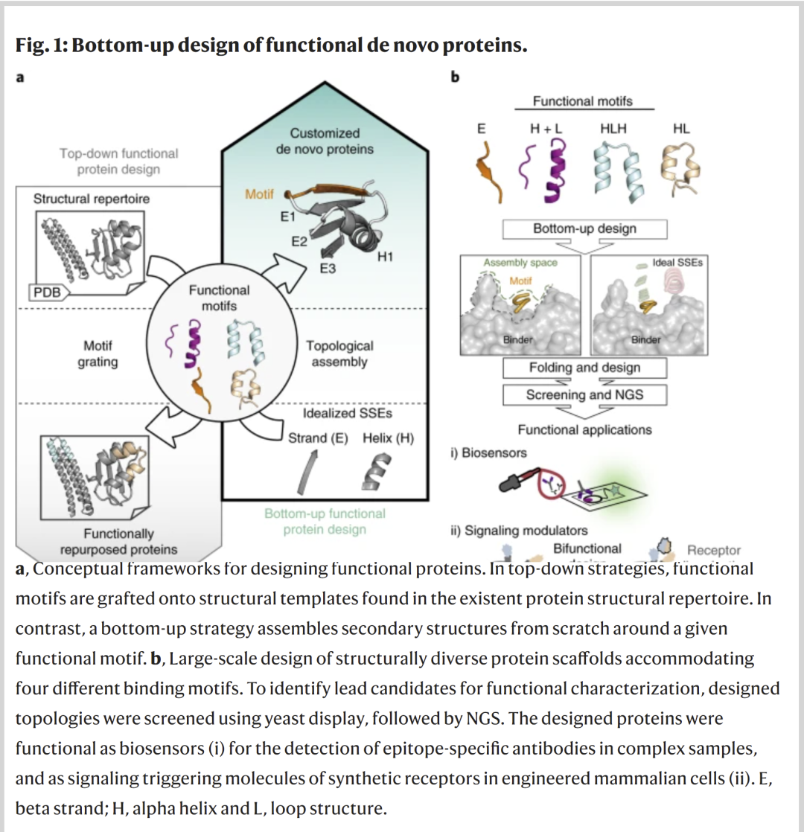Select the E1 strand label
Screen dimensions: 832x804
pos(288,217)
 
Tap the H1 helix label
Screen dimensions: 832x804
pos(385,257)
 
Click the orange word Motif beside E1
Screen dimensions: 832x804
pos(259,194)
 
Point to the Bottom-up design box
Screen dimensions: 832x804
pos(584,228)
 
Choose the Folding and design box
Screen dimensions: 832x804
pos(584,368)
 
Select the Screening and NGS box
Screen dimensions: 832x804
pos(584,394)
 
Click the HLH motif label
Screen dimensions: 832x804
pos(613,129)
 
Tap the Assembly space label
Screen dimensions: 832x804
pos(510,263)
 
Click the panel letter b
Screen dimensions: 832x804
pos(456,77)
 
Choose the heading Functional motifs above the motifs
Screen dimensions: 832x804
pos(583,101)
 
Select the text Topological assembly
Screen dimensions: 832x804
pos(339,353)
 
